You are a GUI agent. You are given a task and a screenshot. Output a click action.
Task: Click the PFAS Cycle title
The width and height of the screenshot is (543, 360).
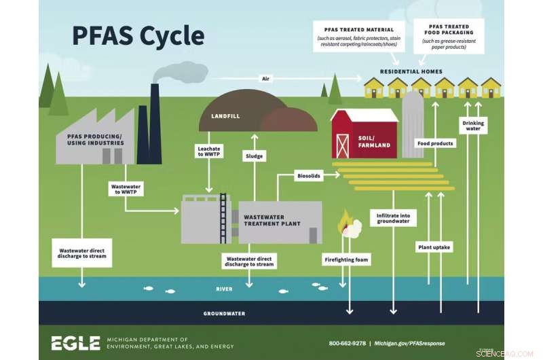[138, 35]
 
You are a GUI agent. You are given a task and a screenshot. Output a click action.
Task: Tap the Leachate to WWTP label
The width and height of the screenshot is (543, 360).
[209, 151]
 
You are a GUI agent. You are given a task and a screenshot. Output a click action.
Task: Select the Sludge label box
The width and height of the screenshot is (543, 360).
[254, 156]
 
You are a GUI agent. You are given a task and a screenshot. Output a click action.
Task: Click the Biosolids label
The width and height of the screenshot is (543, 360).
[308, 175]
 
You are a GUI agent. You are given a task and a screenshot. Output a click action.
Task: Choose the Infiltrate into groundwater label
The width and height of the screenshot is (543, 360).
[394, 218]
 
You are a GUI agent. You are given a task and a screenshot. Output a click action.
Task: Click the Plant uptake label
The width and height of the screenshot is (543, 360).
[433, 247]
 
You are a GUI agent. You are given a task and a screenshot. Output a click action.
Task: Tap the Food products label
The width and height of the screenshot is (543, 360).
[434, 144]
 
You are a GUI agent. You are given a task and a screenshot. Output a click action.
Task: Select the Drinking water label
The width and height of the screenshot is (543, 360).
[473, 126]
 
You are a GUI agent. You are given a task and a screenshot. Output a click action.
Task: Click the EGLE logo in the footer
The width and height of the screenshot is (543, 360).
[75, 343]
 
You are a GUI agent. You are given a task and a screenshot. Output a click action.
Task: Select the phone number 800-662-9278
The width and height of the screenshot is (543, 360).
[348, 343]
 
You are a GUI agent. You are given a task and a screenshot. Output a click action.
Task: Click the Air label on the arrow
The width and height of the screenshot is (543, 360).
[266, 79]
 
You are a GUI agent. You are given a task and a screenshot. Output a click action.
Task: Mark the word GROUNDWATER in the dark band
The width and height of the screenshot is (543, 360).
[224, 313]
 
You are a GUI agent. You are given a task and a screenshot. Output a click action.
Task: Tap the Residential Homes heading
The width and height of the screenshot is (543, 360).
[411, 71]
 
